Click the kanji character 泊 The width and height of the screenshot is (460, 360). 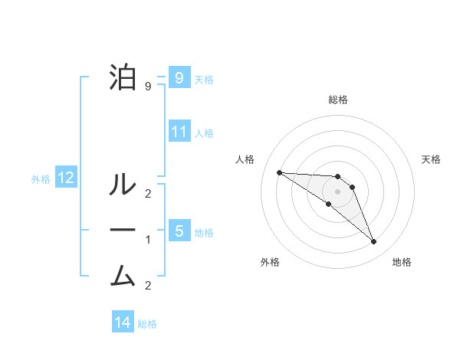pyautogui.click(x=123, y=77)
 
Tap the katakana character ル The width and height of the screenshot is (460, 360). pyautogui.click(x=123, y=184)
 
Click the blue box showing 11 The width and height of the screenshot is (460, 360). pyautogui.click(x=179, y=132)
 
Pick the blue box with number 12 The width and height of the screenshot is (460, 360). pyautogui.click(x=65, y=178)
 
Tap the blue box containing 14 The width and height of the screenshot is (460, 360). pyautogui.click(x=123, y=322)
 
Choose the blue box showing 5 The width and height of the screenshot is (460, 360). pyautogui.click(x=179, y=231)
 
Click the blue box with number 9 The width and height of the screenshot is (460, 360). pyautogui.click(x=179, y=77)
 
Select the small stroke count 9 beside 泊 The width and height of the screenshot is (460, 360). pyautogui.click(x=148, y=87)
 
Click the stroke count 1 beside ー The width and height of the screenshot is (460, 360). pyautogui.click(x=148, y=240)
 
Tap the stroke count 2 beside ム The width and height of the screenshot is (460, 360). pyautogui.click(x=148, y=286)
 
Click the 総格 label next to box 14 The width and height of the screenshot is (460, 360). pyautogui.click(x=147, y=324)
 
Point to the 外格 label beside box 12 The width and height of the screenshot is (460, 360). pyautogui.click(x=41, y=179)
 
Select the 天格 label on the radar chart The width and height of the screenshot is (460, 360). pyautogui.click(x=431, y=159)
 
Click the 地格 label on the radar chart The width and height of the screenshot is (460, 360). pyautogui.click(x=402, y=262)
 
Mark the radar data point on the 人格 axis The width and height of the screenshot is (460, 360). pyautogui.click(x=279, y=172)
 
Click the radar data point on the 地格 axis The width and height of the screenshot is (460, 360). pyautogui.click(x=373, y=242)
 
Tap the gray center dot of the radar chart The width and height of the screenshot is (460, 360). pyautogui.click(x=337, y=191)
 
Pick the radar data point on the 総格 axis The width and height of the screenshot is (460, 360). pyautogui.click(x=337, y=176)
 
